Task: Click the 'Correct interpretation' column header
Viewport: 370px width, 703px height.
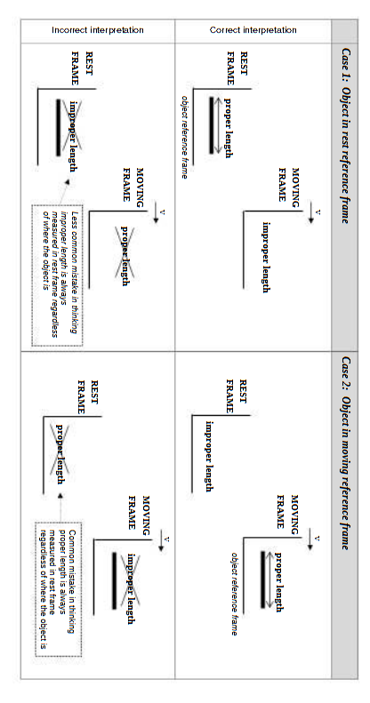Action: coord(253,30)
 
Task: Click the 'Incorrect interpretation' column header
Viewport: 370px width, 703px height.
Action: coord(98,30)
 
